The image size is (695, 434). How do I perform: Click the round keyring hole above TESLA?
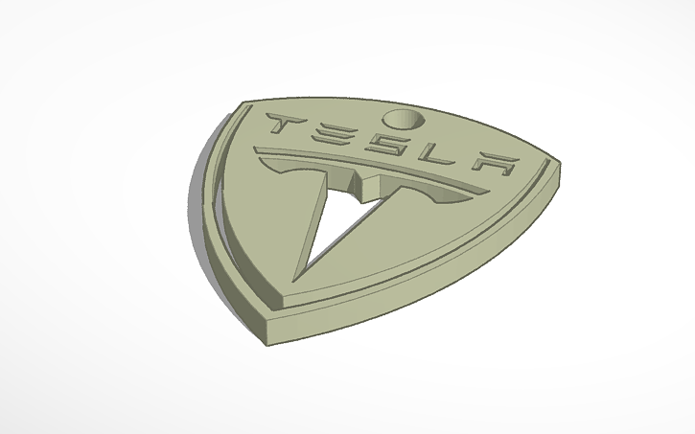click(401, 119)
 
